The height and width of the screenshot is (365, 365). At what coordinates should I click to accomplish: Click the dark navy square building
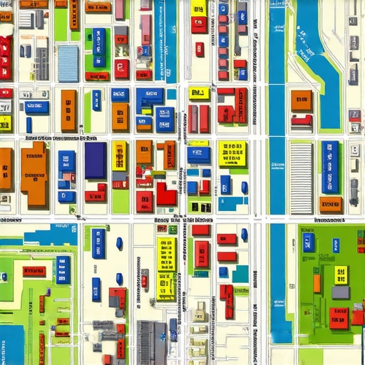[95, 160]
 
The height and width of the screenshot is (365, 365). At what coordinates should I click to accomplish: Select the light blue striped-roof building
[68, 63]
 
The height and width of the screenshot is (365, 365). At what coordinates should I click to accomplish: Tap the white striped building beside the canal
[301, 177]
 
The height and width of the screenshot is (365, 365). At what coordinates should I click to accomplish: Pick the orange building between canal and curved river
[301, 100]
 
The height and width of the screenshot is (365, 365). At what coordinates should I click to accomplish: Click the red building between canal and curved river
[302, 121]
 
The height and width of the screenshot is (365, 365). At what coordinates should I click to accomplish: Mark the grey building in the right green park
[341, 292]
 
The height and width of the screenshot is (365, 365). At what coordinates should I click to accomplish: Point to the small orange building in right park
[317, 283]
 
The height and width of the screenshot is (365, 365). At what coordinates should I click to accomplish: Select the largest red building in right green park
[340, 317]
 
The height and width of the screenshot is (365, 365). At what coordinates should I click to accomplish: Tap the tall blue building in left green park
[63, 269]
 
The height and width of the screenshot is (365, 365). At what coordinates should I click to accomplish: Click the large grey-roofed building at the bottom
[151, 342]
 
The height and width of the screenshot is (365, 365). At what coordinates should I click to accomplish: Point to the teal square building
[241, 274]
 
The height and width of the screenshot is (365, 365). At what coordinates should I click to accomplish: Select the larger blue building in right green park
[309, 242]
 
